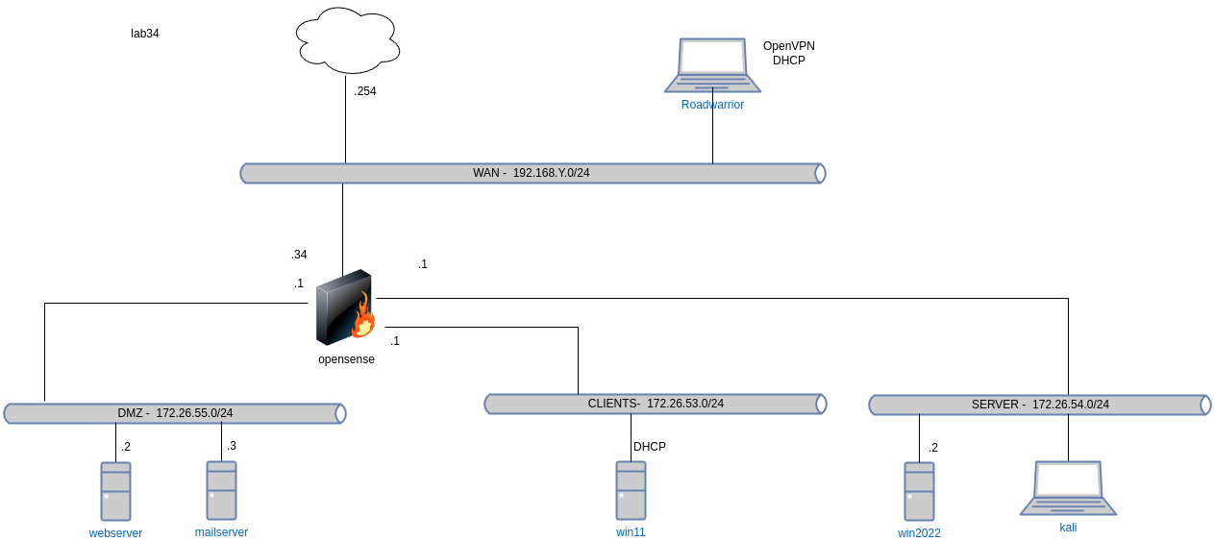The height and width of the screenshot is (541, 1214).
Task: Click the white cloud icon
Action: pos(348,40)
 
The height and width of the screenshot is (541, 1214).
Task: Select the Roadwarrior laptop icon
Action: pos(712,64)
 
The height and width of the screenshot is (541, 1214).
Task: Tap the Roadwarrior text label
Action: pos(712,105)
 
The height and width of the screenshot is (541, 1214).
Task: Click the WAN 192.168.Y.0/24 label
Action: pos(531,173)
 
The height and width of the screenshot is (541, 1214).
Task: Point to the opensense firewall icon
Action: pos(344,307)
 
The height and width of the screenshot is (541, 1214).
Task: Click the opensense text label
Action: pos(346,359)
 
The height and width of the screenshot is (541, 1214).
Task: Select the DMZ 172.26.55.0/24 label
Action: pos(174,413)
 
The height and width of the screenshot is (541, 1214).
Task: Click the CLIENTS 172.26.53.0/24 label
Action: pos(656,404)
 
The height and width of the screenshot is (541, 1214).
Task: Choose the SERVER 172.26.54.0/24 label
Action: pos(1040,405)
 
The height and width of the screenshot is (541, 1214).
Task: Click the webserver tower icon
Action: pos(115,491)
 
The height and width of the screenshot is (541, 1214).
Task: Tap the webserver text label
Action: pos(115,533)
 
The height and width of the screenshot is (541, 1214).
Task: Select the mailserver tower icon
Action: pos(221,490)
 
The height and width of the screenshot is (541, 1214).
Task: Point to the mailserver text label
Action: pos(221,531)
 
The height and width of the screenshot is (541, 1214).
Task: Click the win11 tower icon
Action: pos(631,490)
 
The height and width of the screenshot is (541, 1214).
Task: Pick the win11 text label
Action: pos(631,531)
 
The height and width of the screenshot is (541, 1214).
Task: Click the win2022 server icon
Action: pos(919,491)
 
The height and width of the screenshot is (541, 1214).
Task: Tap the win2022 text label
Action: pos(919,533)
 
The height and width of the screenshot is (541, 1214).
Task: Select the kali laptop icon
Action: pos(1068,487)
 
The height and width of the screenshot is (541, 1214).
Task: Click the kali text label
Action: pos(1068,528)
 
